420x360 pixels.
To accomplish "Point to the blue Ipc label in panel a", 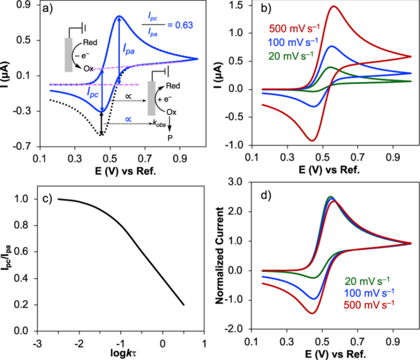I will point(93,92).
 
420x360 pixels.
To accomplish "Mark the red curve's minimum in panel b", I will point(313,140).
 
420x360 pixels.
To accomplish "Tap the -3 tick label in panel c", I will point(36,342).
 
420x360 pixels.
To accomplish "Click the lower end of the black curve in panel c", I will point(183,305).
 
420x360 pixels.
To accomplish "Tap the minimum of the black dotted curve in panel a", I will point(101,134).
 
